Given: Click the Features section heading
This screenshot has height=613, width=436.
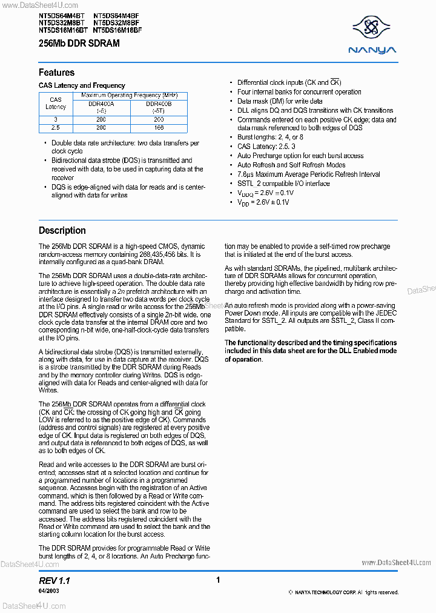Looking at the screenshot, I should tap(56, 73).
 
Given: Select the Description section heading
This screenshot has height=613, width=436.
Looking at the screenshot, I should tap(62, 231).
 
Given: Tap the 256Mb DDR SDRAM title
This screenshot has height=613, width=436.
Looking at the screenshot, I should tap(79, 44).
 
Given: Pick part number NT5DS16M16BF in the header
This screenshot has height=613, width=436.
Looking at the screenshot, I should tap(117, 30).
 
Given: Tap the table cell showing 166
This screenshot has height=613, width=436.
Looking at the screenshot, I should tap(159, 128).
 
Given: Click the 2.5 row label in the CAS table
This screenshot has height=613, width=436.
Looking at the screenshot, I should tap(56, 128).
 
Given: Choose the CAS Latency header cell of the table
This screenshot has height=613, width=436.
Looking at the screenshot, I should tap(56, 103).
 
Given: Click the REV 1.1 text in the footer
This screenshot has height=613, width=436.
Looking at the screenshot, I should tap(54, 580).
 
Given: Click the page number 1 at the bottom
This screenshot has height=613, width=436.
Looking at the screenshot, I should tap(218, 580).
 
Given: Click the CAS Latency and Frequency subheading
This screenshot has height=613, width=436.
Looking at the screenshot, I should tap(82, 85).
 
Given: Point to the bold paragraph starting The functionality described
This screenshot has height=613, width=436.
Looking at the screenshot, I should tap(311, 351).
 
